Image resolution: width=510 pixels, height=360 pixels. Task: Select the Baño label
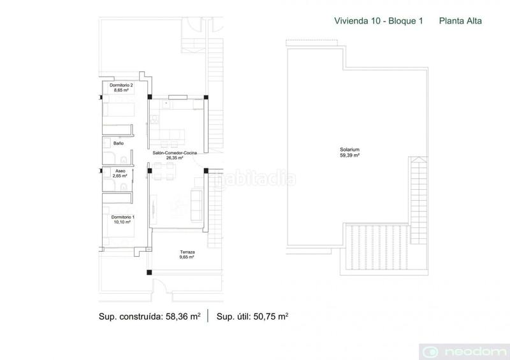coord(119,143)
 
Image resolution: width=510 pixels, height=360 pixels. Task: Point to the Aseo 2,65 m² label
coord(120,174)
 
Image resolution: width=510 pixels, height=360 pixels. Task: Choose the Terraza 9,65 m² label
coord(187,255)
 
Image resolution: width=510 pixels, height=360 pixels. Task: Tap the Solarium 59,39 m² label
coord(350,152)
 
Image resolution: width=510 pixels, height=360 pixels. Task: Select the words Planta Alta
coord(460,20)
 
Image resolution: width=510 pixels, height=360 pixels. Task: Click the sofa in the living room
coord(198,203)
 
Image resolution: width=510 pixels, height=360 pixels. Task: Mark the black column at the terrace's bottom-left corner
coord(149,273)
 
